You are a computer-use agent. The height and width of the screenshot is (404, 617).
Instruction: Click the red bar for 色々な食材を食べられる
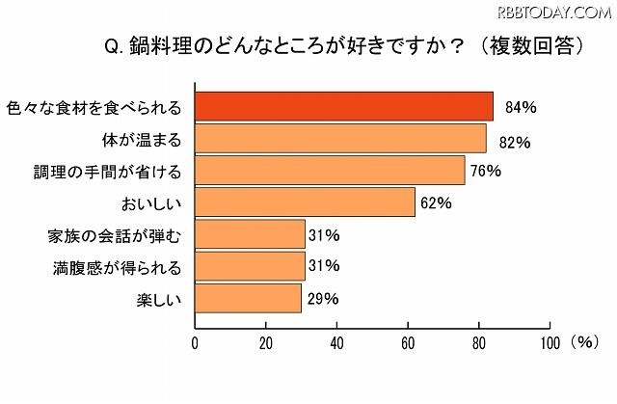(344, 106)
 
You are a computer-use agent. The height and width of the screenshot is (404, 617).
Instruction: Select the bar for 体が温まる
(340, 139)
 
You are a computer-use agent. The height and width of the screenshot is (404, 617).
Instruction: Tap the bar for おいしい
(305, 202)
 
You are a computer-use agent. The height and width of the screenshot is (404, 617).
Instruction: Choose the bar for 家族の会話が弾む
(250, 234)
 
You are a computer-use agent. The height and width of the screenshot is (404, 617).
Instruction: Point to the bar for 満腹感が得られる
(250, 266)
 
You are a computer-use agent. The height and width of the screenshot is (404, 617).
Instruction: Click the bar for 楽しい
(247, 298)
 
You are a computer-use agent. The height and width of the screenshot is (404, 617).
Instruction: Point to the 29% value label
(323, 299)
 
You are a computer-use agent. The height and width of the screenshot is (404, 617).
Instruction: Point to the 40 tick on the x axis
(337, 342)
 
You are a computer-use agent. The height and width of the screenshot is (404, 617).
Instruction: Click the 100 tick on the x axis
(550, 342)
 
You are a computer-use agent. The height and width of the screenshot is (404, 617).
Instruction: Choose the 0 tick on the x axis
(196, 342)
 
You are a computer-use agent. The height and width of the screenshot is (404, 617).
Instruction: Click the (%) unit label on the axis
(584, 341)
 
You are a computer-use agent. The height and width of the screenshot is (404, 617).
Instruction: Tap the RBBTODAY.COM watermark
(553, 12)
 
